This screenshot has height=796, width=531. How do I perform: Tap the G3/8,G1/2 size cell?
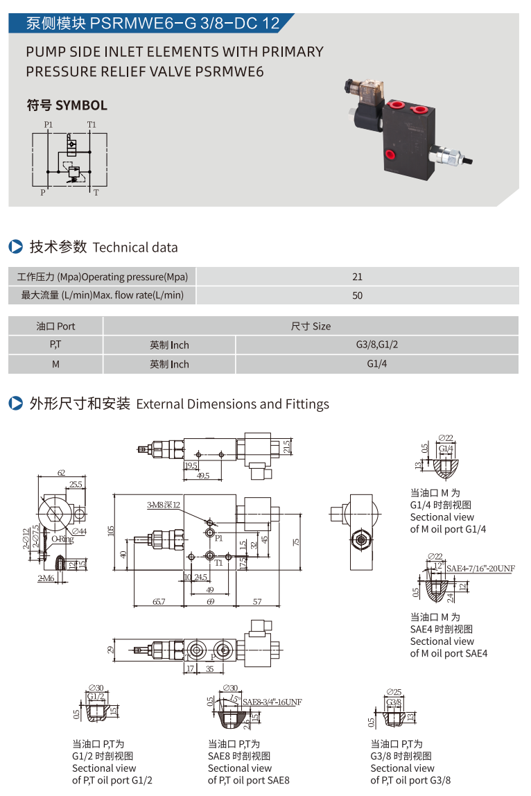[x=376, y=345]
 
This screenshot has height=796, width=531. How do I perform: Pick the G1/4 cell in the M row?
[x=376, y=364]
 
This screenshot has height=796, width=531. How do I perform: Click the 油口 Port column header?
[x=55, y=326]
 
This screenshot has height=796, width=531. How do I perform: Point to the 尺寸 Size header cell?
[x=311, y=326]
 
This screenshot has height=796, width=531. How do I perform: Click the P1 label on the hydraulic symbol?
[x=48, y=124]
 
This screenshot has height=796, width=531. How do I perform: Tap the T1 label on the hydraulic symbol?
[x=92, y=124]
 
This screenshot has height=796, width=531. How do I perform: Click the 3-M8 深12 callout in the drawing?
[x=163, y=505]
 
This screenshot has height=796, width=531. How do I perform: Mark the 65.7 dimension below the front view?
[x=159, y=602]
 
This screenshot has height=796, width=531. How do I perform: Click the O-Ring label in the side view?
[x=62, y=538]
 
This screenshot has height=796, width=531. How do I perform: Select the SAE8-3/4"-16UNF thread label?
[x=272, y=701]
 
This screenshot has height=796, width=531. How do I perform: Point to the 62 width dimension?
[x=61, y=473]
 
